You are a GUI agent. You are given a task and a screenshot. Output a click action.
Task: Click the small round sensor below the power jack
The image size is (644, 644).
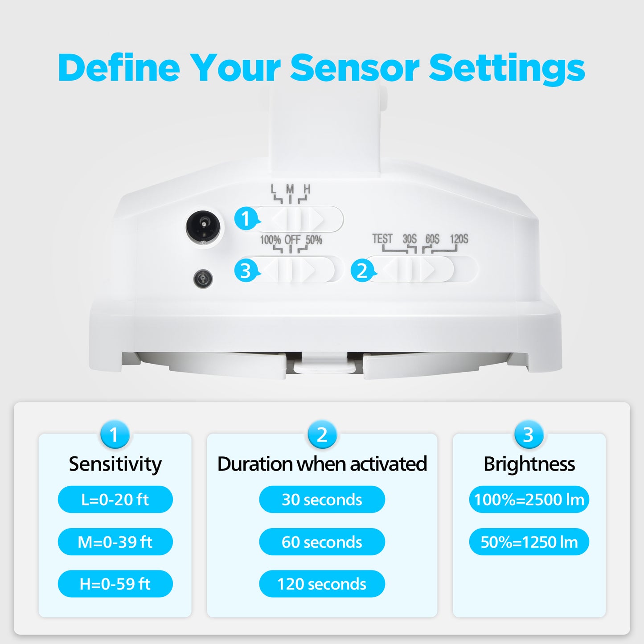tap(203, 279)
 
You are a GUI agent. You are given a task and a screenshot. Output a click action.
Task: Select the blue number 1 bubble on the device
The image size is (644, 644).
tap(246, 218)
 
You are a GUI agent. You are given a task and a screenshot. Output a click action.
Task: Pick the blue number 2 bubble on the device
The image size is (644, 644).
tap(363, 271)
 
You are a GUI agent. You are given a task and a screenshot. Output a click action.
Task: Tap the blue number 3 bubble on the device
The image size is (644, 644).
tap(246, 271)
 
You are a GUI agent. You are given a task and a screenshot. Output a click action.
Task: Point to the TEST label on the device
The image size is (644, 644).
tap(382, 239)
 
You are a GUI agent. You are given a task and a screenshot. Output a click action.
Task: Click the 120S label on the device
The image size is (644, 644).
tap(459, 239)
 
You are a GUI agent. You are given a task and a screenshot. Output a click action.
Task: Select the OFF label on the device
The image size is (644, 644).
tap(292, 240)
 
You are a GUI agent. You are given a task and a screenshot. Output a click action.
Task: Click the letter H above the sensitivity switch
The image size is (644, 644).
tap(307, 189)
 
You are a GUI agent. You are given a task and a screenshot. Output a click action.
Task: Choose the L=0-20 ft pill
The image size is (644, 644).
tap(115, 499)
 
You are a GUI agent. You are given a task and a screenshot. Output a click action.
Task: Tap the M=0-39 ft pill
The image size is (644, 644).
tap(115, 542)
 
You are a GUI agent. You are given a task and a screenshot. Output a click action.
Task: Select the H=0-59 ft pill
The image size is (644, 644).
tap(115, 584)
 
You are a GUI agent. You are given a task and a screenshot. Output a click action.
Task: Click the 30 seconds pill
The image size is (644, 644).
tap(322, 499)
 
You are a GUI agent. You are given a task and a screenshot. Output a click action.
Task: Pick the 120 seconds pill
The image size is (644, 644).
tap(322, 584)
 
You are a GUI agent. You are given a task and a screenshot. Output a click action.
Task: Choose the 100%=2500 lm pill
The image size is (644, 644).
tap(529, 499)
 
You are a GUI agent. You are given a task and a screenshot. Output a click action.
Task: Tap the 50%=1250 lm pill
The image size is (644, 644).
tap(529, 542)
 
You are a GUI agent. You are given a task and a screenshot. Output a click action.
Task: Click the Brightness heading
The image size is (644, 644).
tap(529, 464)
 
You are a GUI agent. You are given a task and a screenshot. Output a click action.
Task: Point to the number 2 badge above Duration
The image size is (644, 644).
tap(322, 434)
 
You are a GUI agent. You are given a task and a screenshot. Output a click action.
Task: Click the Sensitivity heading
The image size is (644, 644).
tap(115, 464)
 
